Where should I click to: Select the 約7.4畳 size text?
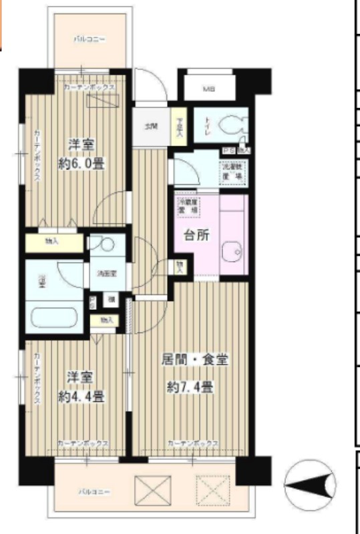pyautogui.click(x=190, y=386)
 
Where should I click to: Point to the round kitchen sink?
pyautogui.click(x=233, y=250)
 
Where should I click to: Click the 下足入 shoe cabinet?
pyautogui.click(x=179, y=126)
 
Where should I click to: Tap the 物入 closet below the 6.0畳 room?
pyautogui.click(x=51, y=241)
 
